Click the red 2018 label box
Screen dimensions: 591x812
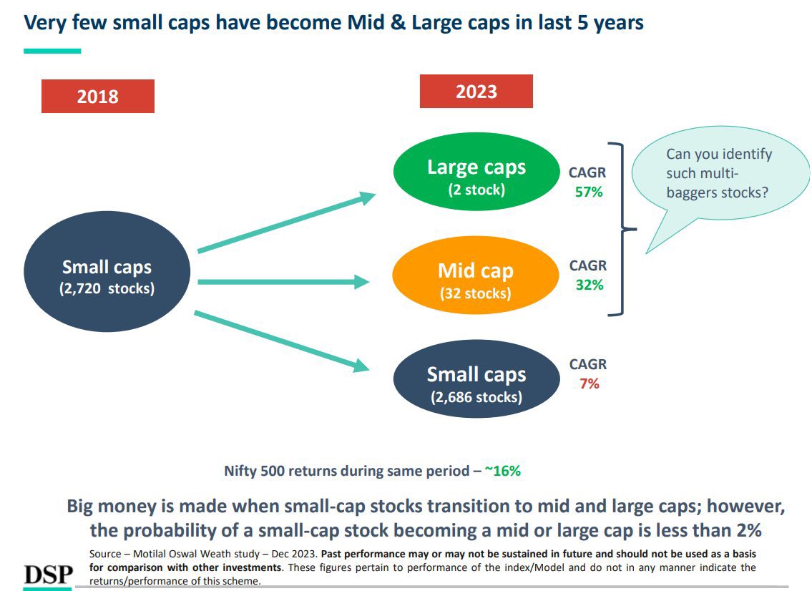[98, 96]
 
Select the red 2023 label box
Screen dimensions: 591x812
[476, 92]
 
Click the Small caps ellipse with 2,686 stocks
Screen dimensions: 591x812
[476, 379]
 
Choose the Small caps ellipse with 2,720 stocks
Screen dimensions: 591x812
[107, 275]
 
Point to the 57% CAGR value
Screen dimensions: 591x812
[589, 192]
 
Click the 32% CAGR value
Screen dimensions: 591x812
[589, 285]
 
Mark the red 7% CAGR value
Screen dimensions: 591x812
[589, 384]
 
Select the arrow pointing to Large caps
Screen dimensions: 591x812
[286, 223]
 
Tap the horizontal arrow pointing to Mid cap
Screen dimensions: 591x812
[283, 283]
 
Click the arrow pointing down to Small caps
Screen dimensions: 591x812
[283, 341]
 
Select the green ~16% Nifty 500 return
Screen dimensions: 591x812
[502, 471]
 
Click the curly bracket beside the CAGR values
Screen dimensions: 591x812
[620, 229]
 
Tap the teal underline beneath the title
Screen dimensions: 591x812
[52, 51]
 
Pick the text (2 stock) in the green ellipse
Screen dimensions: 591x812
[476, 190]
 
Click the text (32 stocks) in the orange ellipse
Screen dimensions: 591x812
[476, 293]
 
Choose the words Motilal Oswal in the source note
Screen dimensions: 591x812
[167, 554]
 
